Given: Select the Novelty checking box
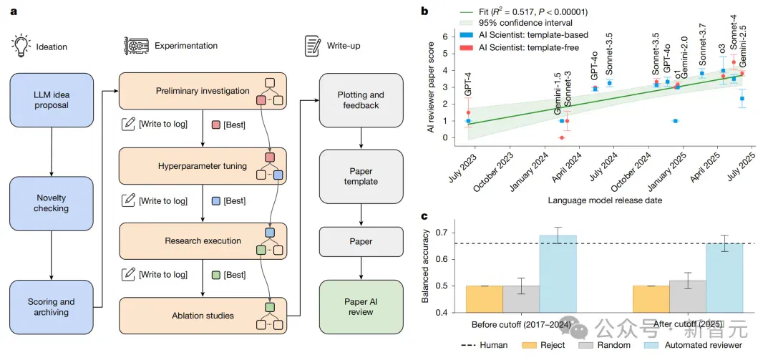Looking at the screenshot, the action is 51,203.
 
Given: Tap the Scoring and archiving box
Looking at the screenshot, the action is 51,307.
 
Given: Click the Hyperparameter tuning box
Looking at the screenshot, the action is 203,166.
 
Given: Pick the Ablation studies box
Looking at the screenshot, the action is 203,315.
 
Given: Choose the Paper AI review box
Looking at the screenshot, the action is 361,307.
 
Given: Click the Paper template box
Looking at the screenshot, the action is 361,176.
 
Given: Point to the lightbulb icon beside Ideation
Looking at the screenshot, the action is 19,45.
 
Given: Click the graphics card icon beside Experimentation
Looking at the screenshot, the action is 135,45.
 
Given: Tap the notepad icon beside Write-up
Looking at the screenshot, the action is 311,45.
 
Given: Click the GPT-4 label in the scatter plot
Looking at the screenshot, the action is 467,85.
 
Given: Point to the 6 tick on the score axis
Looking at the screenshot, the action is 444,37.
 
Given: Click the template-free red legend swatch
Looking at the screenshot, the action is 465,47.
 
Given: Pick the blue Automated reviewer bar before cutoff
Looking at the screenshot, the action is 558,273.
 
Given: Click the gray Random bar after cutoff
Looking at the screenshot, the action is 688,296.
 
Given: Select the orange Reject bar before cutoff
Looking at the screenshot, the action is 485,299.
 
